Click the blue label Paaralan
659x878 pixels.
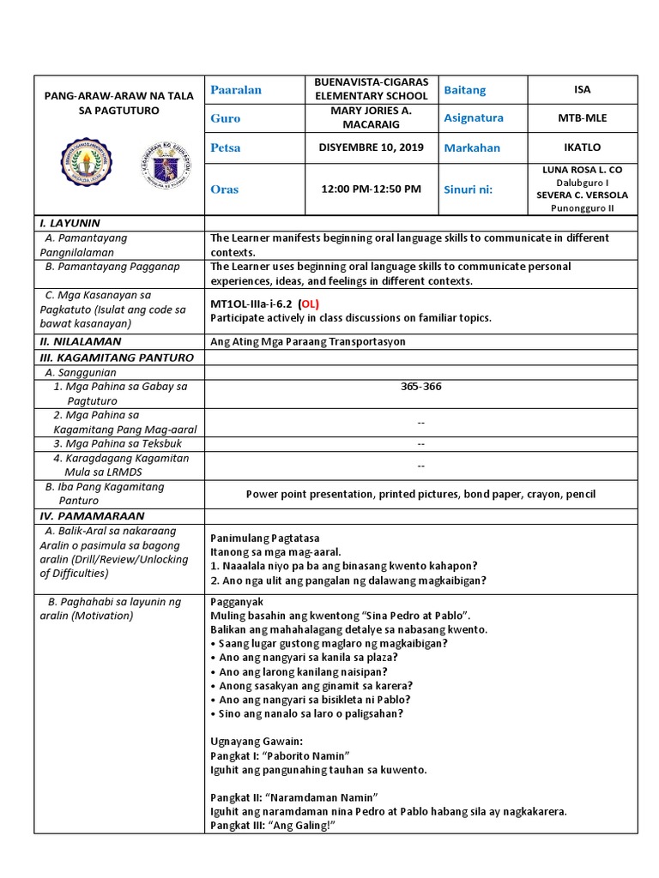pyautogui.click(x=236, y=90)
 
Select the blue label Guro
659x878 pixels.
pyautogui.click(x=226, y=118)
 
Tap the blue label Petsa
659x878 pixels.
pyautogui.click(x=226, y=147)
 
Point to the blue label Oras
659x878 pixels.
pyautogui.click(x=225, y=189)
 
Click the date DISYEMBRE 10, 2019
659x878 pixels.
pyautogui.click(x=372, y=147)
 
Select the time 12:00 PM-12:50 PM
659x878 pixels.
pyautogui.click(x=372, y=189)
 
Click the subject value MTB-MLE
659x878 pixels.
pyautogui.click(x=582, y=118)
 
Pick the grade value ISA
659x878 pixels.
pyautogui.click(x=582, y=90)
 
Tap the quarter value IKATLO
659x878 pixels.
pyautogui.click(x=582, y=147)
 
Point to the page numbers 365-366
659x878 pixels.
pyautogui.click(x=420, y=387)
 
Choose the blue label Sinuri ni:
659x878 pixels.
pyautogui.click(x=469, y=189)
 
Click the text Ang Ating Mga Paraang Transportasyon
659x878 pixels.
pyautogui.click(x=307, y=341)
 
